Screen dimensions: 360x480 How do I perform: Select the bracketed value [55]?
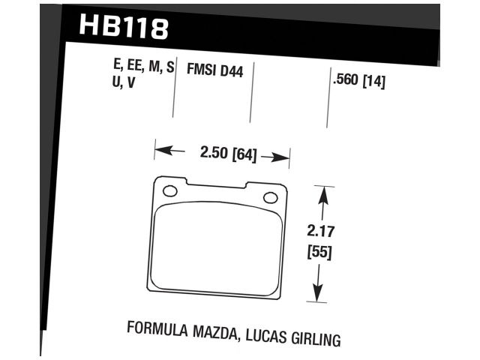(322, 253)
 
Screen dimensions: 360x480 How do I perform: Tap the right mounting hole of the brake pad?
(270, 197)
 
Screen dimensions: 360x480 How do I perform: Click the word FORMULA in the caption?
(156, 328)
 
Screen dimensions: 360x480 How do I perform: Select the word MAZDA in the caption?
(211, 331)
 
